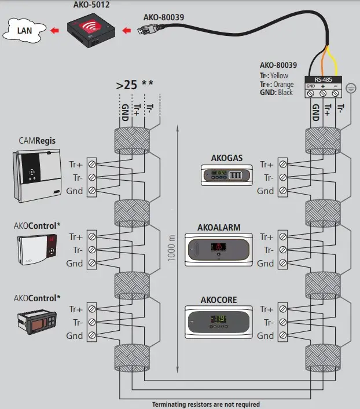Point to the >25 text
click(126, 85)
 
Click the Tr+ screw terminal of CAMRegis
click(92, 165)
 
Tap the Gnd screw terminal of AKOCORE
click(282, 336)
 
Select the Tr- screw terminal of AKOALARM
click(282, 250)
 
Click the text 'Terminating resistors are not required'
click(205, 404)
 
